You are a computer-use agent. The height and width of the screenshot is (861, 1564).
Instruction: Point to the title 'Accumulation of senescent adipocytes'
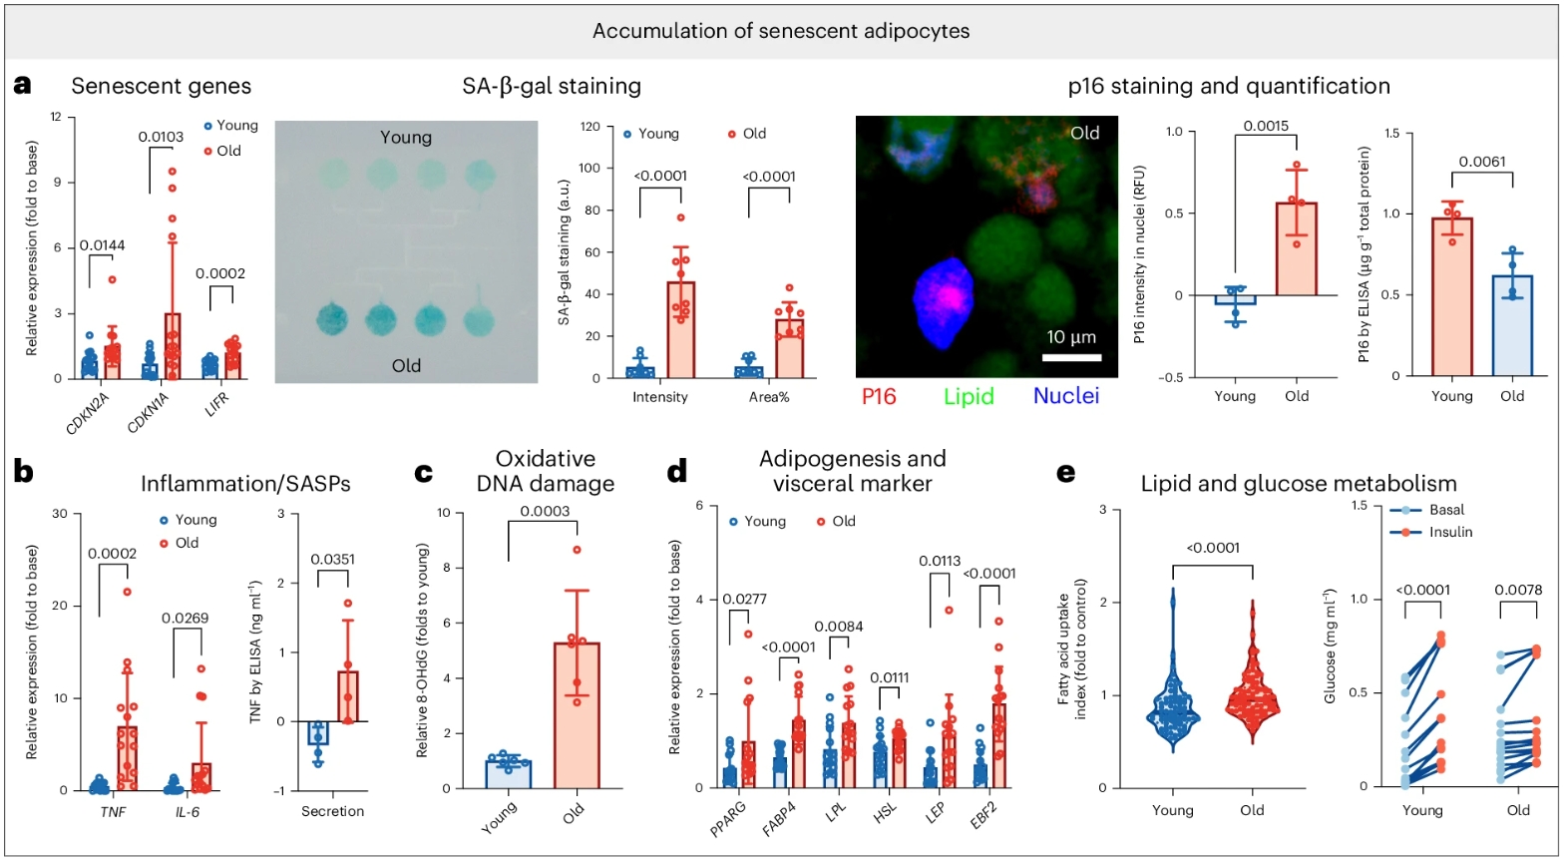[x=781, y=30]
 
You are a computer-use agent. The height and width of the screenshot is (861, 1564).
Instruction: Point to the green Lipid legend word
[x=968, y=397]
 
